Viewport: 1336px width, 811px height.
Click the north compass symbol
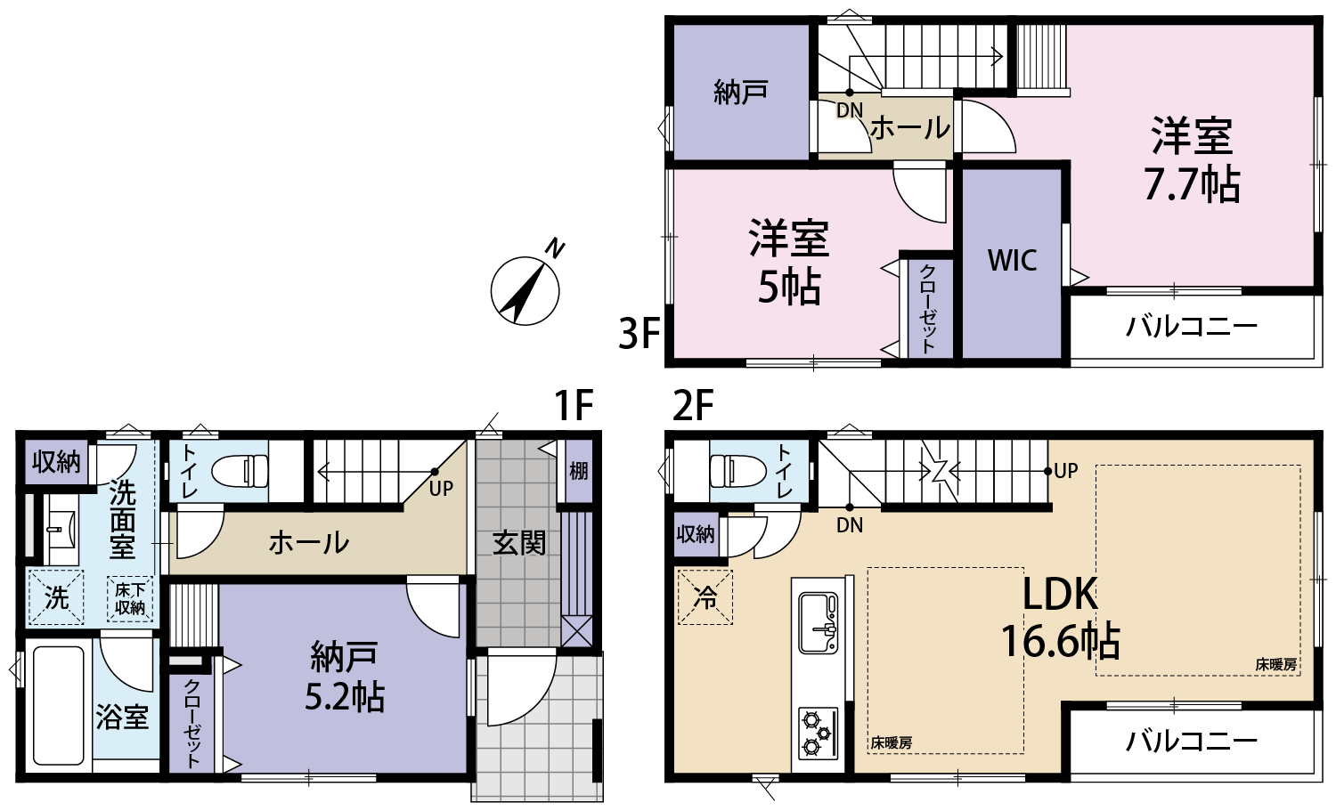(x=525, y=290)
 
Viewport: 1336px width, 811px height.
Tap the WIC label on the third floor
(x=1012, y=260)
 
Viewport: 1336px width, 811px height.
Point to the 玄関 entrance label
(x=519, y=543)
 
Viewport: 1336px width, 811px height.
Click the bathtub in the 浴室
(x=58, y=705)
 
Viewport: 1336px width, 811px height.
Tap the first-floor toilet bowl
(x=240, y=471)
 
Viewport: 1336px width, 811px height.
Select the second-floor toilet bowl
(x=737, y=471)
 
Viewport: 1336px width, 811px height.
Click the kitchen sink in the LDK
(x=819, y=622)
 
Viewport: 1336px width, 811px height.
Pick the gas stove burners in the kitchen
(x=818, y=734)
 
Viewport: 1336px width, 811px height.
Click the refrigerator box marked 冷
(x=705, y=597)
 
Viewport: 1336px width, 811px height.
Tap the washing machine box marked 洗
(x=57, y=597)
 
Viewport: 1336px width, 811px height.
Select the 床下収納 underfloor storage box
(x=130, y=599)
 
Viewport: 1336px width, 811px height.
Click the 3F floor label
(x=639, y=334)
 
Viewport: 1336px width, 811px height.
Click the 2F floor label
(x=693, y=406)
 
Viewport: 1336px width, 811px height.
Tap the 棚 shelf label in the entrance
(x=579, y=471)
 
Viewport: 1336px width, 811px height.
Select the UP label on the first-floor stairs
(x=442, y=489)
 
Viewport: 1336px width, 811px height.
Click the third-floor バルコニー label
(x=1192, y=327)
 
